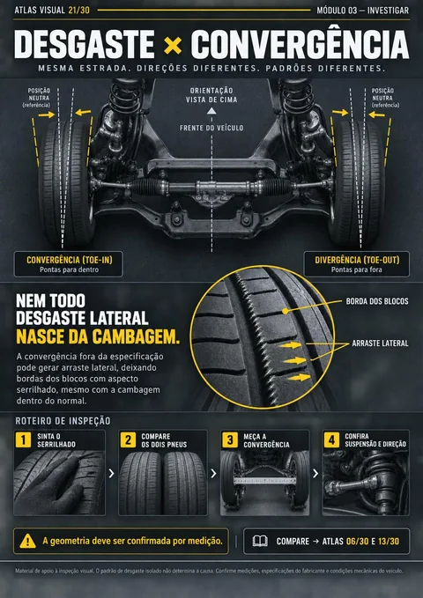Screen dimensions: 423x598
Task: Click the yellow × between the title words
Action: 173,46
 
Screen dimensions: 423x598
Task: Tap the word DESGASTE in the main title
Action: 85,45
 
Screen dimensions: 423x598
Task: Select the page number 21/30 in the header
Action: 79,11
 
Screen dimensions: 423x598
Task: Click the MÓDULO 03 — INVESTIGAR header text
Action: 363,11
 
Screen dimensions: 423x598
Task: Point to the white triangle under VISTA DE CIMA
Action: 211,111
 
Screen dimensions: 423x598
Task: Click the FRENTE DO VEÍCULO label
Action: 211,128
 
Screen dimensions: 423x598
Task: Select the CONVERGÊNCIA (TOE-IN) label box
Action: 69,264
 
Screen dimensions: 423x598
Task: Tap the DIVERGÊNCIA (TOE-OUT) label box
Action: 357,264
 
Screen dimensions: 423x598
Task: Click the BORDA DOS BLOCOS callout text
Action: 377,301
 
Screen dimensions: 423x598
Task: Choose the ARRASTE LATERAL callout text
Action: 380,343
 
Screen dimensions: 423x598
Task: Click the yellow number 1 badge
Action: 23,439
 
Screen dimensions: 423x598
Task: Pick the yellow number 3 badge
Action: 230,439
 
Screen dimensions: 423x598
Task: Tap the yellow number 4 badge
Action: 331,439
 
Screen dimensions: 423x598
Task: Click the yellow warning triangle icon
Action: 27,541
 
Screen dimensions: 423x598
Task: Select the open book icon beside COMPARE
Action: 260,541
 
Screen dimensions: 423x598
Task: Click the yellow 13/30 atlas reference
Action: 389,541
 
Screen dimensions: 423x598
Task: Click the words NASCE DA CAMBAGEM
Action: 98,336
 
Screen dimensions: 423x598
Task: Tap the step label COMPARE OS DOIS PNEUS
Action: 164,440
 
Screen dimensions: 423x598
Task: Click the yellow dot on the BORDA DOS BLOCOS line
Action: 285,311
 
